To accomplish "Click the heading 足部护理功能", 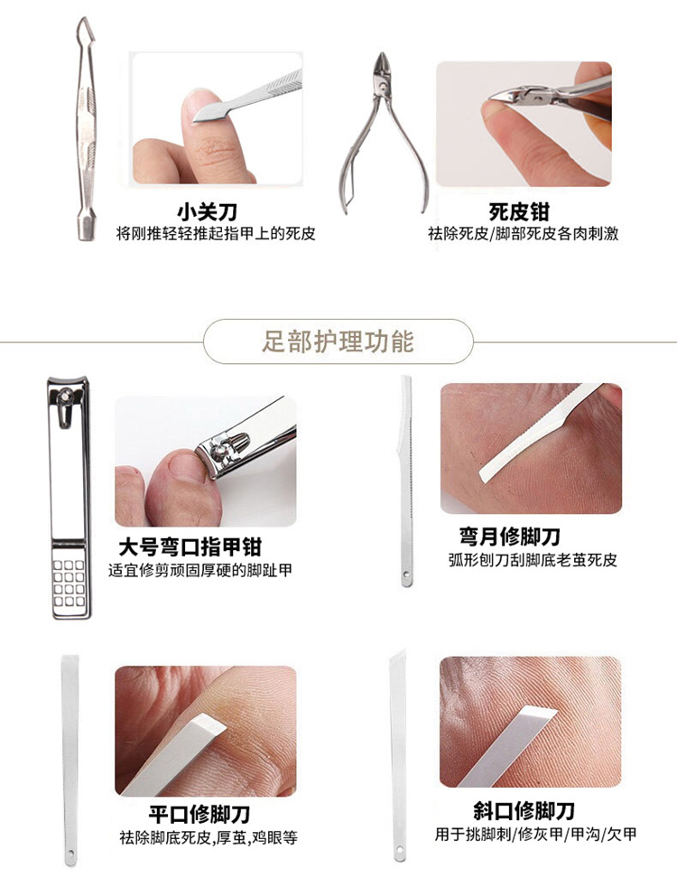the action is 338,341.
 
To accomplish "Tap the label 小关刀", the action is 208,212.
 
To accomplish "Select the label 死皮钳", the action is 519,212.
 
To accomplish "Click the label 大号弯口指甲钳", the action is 190,546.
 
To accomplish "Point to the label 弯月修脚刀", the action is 509,537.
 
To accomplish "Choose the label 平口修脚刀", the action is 199,814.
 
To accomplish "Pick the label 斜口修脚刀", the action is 524,810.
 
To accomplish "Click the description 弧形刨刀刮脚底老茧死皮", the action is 533,560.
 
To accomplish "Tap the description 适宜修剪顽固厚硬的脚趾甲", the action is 200,570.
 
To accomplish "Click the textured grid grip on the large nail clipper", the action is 69,583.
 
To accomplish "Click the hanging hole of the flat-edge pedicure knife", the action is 70,853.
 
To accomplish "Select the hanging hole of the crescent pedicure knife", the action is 405,575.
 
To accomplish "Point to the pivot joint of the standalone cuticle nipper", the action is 385,86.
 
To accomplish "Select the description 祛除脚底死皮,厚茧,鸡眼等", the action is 209,837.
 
